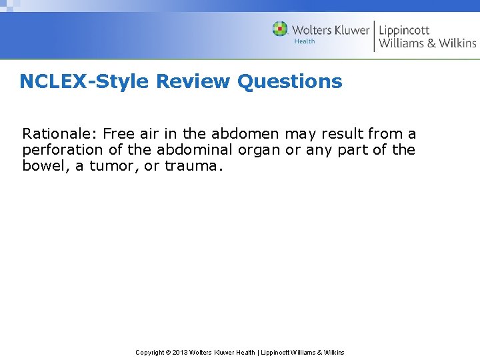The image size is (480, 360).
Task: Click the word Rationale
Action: [60, 133]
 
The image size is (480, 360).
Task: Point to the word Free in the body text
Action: [119, 133]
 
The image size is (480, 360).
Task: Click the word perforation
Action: [61, 150]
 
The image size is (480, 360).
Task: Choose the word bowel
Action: [43, 166]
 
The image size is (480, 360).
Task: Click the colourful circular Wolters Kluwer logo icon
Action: [280, 29]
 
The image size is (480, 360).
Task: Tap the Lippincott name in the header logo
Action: [404, 30]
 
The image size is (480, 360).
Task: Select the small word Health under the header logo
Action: [305, 41]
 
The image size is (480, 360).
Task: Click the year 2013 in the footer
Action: [181, 353]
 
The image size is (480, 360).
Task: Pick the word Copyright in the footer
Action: [150, 353]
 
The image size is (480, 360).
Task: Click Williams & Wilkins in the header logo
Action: [427, 43]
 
